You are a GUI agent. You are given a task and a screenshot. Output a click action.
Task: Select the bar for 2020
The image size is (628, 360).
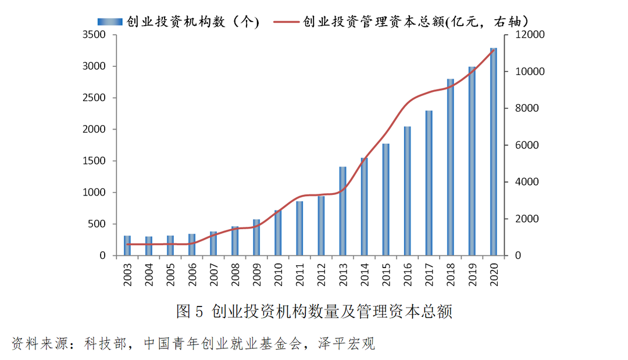tap(493, 152)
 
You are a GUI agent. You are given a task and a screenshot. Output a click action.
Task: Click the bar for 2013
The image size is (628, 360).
tap(342, 211)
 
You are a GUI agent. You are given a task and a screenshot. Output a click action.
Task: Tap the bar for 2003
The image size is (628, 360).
tap(127, 245)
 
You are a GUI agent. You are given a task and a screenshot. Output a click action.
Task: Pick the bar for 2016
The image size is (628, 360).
tap(407, 191)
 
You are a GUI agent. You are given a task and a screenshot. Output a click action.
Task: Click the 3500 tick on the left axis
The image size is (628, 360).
tap(94, 35)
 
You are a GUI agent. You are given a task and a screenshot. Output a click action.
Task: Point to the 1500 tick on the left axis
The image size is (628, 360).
tap(94, 161)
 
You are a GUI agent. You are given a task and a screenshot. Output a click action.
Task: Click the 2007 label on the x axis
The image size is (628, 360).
tap(213, 274)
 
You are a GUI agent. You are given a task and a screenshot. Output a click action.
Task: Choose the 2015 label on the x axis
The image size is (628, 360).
tap(386, 274)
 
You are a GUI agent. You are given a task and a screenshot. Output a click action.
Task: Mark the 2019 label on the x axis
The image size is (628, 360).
tap(472, 274)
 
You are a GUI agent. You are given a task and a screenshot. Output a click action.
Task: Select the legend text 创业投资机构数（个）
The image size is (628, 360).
tap(192, 22)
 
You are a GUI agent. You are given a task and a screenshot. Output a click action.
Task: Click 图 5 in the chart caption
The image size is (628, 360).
tap(190, 312)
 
